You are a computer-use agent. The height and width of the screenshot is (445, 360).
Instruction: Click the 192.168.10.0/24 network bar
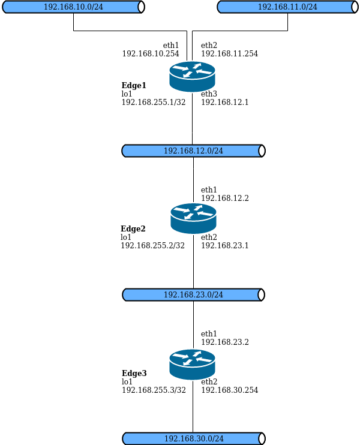(74, 7)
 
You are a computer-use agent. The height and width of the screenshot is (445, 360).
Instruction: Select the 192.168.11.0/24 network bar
(287, 7)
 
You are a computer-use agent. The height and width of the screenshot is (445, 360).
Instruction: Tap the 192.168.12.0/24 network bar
(193, 151)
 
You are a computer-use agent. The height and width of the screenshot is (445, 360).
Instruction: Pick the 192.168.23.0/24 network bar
(193, 294)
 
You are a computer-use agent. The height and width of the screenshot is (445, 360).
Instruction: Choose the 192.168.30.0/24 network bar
(193, 438)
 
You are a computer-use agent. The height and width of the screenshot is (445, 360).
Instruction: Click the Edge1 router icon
(192, 76)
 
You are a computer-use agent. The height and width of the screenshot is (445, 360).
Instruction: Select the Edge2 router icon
(193, 218)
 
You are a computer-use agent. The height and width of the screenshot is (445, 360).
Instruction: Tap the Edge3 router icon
(192, 364)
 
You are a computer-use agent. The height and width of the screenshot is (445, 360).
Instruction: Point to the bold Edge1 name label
(134, 86)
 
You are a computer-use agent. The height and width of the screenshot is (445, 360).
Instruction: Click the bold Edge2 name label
(133, 228)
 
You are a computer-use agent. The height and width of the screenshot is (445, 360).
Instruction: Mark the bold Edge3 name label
(134, 373)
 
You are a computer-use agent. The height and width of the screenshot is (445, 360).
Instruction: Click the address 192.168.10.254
(151, 53)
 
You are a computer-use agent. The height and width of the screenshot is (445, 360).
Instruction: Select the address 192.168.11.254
(229, 53)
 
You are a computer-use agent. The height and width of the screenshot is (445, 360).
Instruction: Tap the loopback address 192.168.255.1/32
(153, 102)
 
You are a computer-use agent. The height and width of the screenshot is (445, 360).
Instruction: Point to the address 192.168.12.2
(224, 198)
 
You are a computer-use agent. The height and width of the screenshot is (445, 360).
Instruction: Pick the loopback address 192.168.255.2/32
(153, 245)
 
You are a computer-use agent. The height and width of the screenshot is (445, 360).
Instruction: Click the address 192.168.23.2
(224, 342)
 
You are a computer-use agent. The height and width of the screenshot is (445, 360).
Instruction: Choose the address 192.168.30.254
(229, 390)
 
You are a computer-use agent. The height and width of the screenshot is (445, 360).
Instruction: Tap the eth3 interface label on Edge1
(209, 94)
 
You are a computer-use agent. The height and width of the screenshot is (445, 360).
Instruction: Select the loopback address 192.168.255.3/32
(153, 390)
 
